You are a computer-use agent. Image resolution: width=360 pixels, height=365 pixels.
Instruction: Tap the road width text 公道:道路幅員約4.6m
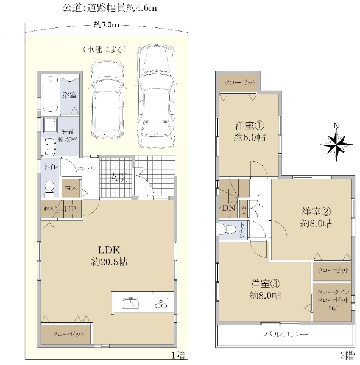point(110,8)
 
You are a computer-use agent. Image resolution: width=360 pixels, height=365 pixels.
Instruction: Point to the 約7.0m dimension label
point(107,25)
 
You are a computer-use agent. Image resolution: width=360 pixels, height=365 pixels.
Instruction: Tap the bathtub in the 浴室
point(51,94)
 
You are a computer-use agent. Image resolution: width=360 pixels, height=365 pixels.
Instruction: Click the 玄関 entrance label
point(119,178)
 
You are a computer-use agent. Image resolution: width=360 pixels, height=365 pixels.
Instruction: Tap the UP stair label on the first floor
point(69,209)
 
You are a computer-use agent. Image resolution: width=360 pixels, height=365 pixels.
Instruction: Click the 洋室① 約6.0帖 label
point(250,131)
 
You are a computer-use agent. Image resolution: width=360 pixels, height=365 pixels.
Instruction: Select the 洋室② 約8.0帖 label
point(316,218)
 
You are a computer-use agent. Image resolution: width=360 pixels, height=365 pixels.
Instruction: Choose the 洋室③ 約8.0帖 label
point(266,289)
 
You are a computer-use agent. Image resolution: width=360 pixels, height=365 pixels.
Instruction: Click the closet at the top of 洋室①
point(239,83)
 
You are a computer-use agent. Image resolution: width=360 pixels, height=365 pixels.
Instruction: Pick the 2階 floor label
point(347,355)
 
